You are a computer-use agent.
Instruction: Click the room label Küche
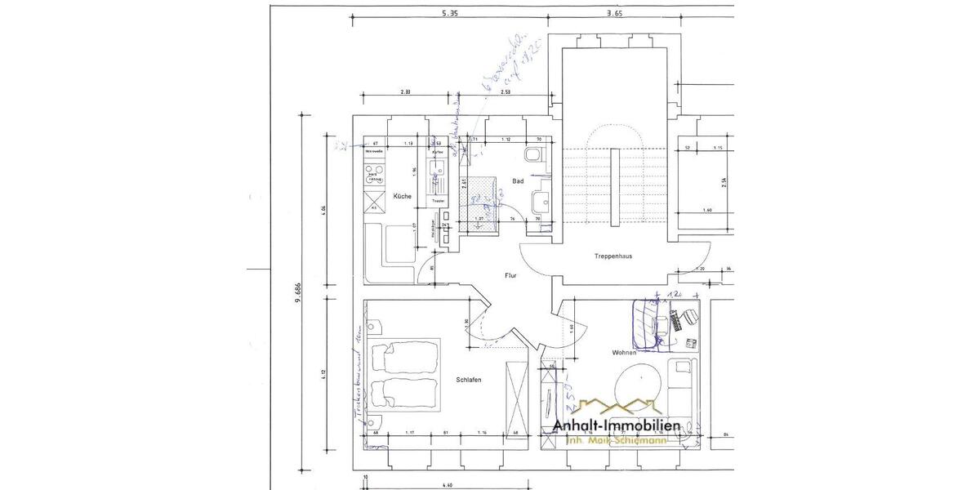tap(402, 197)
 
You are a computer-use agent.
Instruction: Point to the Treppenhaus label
tap(613, 256)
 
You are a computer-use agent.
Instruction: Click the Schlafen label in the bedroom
tap(468, 381)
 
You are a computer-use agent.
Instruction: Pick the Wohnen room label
tap(624, 353)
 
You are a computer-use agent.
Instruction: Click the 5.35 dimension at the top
tap(449, 14)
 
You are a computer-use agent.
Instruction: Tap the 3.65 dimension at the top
tap(615, 14)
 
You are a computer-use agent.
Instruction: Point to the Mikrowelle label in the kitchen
tap(375, 153)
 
